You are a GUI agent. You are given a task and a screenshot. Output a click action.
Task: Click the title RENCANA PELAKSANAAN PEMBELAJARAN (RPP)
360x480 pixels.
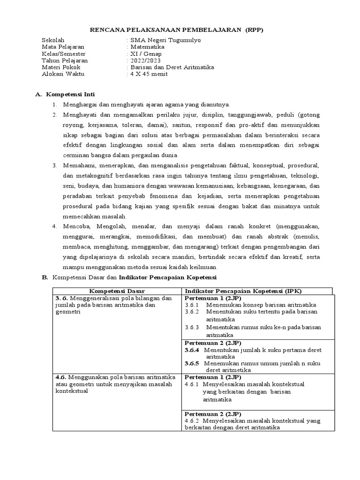click(177, 30)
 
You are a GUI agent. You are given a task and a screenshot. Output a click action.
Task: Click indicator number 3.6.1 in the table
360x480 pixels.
click(192, 305)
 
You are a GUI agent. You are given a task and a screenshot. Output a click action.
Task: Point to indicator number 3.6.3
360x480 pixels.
click(192, 327)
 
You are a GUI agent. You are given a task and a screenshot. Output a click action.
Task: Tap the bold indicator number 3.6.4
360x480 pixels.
click(192, 350)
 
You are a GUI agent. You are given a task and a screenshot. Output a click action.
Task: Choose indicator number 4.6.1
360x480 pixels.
click(192, 384)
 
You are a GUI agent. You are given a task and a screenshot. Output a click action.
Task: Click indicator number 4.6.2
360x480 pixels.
click(192, 420)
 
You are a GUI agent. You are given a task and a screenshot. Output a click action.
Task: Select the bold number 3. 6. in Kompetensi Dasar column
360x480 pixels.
click(61, 298)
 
